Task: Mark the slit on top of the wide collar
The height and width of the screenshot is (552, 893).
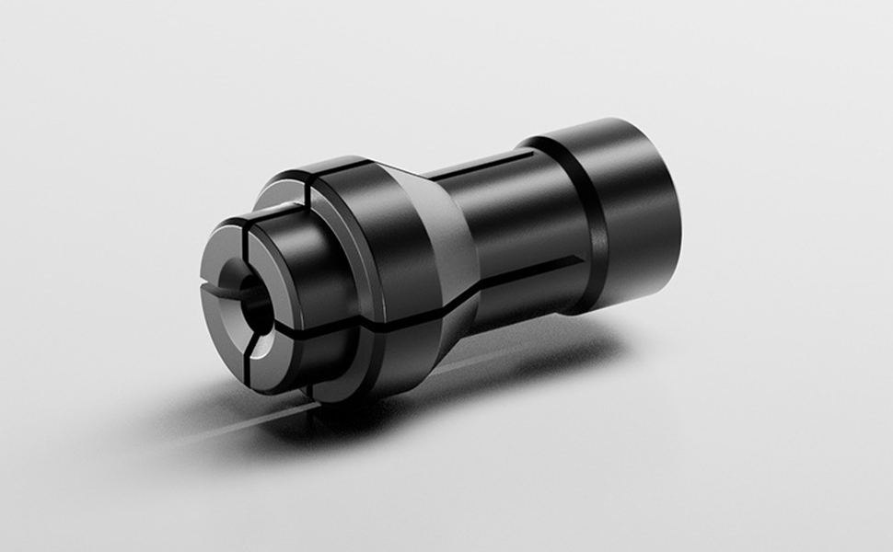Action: (x=313, y=184)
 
